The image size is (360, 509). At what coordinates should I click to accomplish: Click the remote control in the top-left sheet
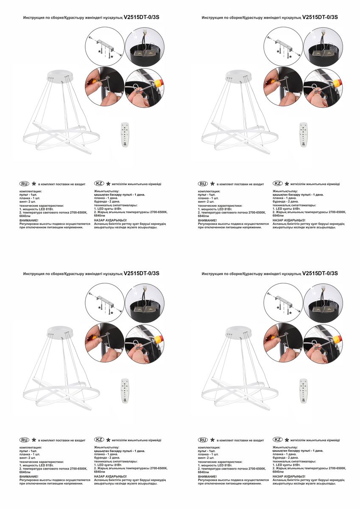pos(125,134)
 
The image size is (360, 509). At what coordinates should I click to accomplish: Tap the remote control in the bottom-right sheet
pos(304,391)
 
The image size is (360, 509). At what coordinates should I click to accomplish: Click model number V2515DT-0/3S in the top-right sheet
pos(320,17)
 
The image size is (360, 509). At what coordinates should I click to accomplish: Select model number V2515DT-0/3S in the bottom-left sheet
pos(141,274)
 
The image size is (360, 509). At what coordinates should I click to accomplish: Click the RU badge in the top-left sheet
pos(24,184)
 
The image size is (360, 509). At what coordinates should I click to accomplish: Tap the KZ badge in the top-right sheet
pos(278,183)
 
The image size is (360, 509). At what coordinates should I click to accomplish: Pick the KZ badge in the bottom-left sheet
pos(99,440)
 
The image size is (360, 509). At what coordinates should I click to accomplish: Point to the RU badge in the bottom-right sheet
pos(203,440)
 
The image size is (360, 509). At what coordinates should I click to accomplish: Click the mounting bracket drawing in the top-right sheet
pos(283,47)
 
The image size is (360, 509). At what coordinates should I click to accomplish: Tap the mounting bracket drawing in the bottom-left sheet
pos(105,303)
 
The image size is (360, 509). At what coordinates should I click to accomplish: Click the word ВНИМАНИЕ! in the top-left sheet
pos(29,220)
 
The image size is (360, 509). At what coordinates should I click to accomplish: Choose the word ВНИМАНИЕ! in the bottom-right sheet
pos(207,476)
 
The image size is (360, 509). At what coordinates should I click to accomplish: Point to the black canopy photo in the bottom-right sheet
pos(323,303)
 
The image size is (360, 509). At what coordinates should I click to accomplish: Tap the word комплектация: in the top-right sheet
pos(209,191)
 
